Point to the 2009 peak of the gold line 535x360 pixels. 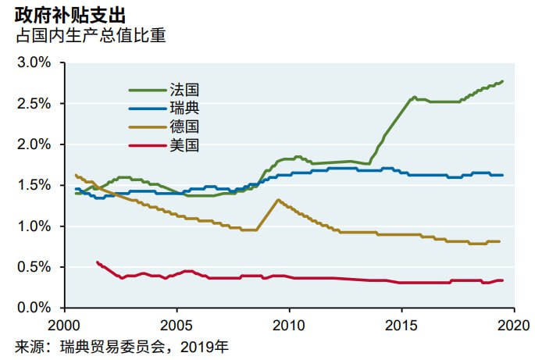click(278, 200)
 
